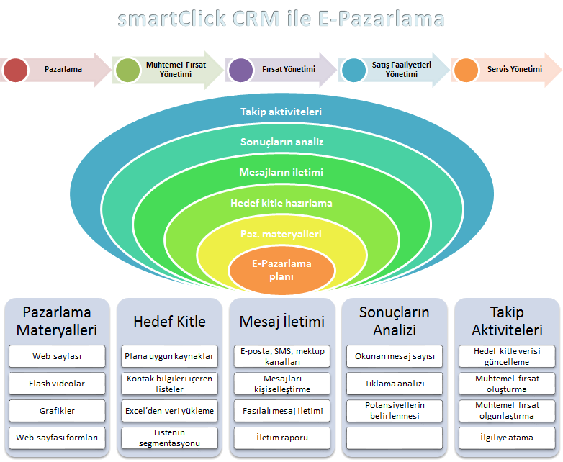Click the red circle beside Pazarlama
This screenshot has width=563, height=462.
tap(14, 70)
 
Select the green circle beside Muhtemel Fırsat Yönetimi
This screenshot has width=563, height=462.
tap(127, 70)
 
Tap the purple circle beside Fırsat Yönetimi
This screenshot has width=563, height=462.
tap(239, 70)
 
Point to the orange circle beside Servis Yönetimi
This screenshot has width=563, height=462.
tap(465, 70)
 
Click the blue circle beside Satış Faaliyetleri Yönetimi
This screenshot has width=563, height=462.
tap(353, 70)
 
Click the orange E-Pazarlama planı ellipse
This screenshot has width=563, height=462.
tap(281, 271)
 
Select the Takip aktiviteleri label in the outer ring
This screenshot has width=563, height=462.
tap(281, 112)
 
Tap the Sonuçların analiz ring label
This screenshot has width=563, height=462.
tap(281, 142)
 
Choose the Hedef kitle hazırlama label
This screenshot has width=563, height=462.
tap(281, 203)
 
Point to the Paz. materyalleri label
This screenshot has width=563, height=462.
tap(281, 234)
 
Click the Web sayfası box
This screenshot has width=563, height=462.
tap(57, 356)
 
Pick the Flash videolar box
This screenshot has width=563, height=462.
tap(57, 384)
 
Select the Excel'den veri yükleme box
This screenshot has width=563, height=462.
tap(170, 411)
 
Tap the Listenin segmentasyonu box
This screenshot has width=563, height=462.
tap(170, 438)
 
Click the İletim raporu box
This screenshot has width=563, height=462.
tap(281, 436)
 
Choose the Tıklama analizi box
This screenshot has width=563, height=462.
tap(395, 384)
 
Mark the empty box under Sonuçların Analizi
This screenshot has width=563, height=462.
tap(395, 437)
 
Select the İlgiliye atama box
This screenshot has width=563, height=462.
tap(507, 437)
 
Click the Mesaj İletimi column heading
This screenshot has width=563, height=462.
tap(281, 322)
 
